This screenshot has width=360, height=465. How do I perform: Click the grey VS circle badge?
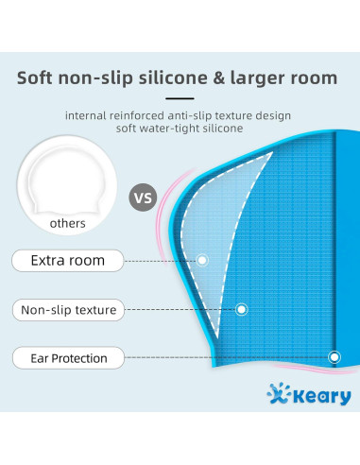(142, 198)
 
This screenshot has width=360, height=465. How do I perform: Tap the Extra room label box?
(67, 260)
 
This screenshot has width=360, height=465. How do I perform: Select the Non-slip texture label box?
(67, 309)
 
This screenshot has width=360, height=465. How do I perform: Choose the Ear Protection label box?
(67, 358)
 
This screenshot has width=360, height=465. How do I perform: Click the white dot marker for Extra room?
(201, 260)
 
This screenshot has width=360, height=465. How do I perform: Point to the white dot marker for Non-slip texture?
(242, 309)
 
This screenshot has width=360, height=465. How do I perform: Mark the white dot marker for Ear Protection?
(334, 357)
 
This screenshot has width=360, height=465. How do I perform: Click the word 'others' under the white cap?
(68, 224)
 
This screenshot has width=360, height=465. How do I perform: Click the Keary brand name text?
(317, 397)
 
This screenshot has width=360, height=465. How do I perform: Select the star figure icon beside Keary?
(273, 394)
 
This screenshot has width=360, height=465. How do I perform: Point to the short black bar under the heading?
(180, 97)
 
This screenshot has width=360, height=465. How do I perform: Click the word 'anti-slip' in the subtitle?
(195, 115)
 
